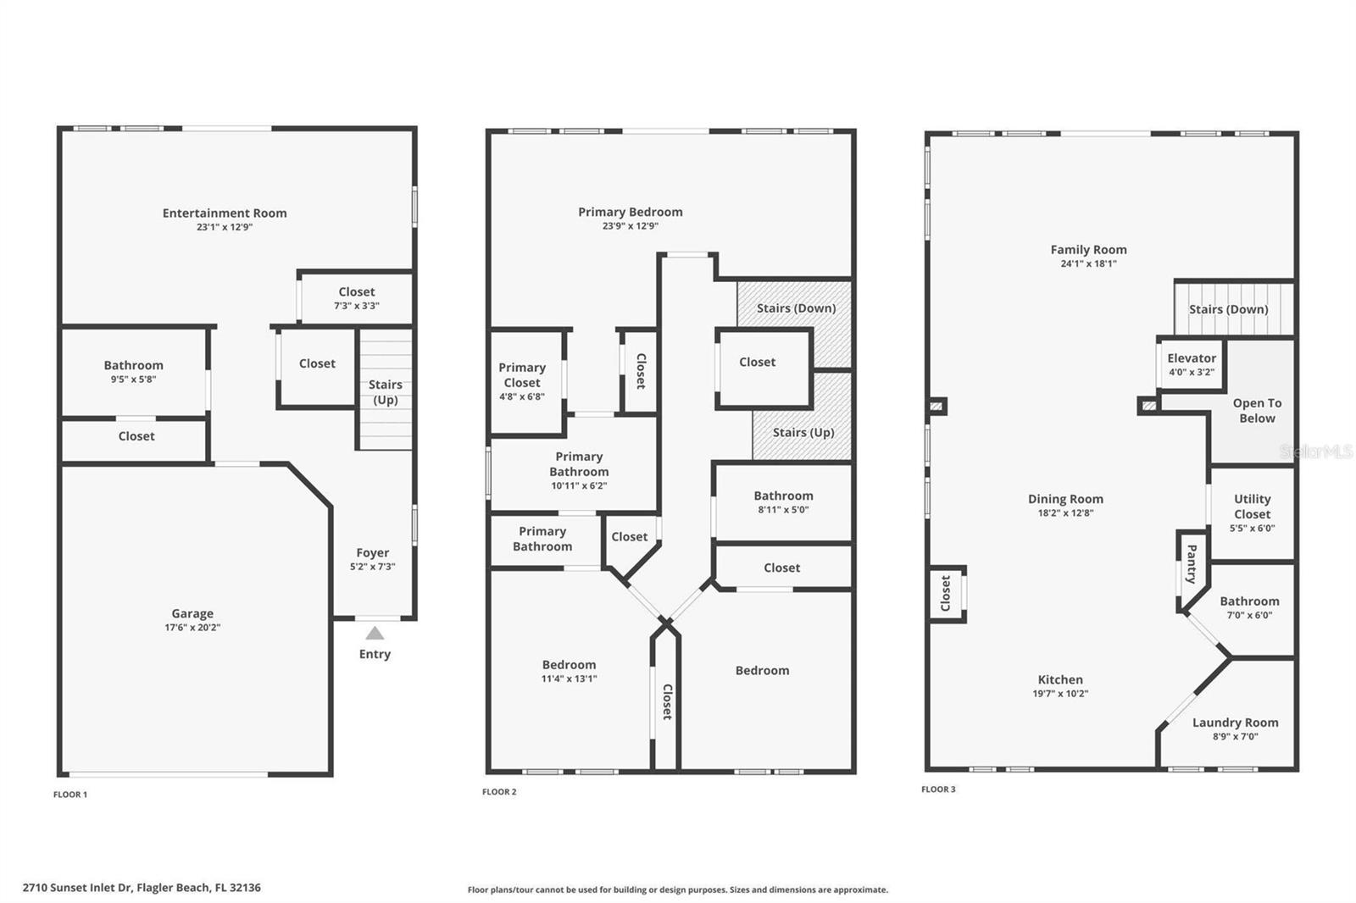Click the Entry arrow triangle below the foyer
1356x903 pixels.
tap(375, 634)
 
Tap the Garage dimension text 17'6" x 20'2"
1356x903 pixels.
tap(192, 628)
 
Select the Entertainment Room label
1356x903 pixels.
tap(225, 213)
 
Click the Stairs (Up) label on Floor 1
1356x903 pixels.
tap(386, 392)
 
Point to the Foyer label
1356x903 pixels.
tap(373, 552)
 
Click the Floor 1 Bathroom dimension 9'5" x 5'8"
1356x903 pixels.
tap(134, 379)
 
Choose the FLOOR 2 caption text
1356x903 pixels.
tap(499, 792)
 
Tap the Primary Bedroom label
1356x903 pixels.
tap(630, 213)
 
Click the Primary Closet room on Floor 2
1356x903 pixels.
tap(522, 381)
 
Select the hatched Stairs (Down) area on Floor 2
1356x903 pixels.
tap(796, 308)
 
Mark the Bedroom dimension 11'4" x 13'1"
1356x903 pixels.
tap(569, 679)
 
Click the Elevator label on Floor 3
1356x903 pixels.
tap(1191, 358)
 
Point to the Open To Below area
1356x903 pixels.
tap(1257, 411)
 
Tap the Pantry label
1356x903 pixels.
tap(1191, 564)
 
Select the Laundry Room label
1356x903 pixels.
tap(1235, 723)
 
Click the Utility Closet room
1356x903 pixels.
tap(1252, 512)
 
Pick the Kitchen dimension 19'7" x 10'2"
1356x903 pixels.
tap(1060, 694)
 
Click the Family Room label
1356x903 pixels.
tap(1088, 250)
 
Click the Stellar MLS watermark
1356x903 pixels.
tap(1315, 452)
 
